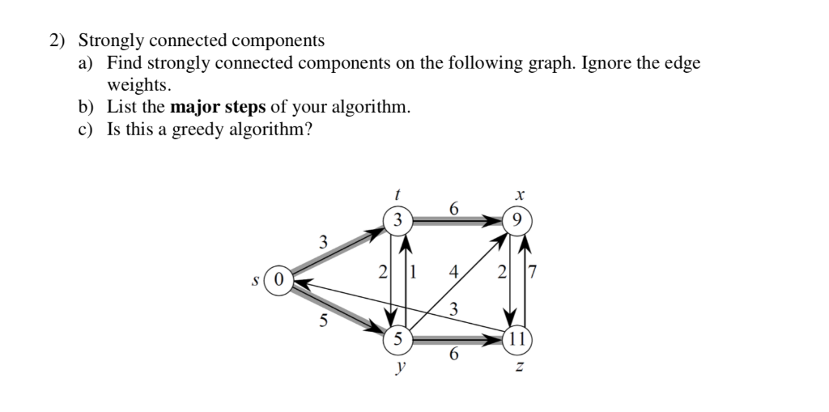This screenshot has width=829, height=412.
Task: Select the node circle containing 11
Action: point(517,338)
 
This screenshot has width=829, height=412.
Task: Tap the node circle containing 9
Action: point(517,219)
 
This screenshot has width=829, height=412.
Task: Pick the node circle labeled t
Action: point(397,219)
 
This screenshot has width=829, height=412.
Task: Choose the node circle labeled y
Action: point(397,339)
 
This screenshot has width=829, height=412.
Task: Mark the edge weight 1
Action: point(412,272)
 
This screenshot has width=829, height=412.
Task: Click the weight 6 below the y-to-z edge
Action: point(454,355)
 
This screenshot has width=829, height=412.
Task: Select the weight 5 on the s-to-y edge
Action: point(322,320)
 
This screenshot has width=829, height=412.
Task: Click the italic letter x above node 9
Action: point(519,195)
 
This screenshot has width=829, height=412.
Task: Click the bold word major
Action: point(197,107)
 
